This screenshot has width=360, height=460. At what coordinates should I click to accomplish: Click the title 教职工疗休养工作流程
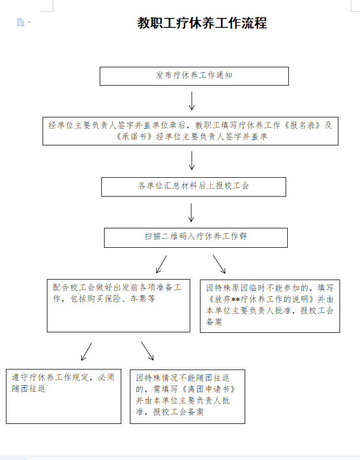202,23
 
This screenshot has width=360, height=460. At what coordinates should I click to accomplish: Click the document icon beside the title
20,22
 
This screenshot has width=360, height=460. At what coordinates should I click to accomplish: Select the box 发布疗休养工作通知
194,76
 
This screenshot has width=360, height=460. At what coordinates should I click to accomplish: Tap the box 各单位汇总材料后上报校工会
193,186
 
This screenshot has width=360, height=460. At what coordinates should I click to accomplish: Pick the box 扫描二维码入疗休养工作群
195,237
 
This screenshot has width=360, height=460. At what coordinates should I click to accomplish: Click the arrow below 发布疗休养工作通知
192,101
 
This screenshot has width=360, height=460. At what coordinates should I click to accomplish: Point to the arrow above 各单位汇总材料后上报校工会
192,161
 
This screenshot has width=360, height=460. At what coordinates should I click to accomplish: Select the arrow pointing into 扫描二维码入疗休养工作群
191,212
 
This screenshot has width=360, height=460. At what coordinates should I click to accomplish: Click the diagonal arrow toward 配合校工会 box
161,264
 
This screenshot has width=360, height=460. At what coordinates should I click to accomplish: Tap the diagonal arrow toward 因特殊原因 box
219,264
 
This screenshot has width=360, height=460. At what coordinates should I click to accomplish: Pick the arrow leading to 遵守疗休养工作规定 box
86,351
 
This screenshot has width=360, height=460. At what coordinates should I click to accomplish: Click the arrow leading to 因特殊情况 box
148,351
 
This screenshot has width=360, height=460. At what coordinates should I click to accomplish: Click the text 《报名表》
304,125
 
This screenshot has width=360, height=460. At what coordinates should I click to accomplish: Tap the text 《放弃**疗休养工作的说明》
260,299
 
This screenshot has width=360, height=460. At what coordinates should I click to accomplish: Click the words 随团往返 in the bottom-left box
29,389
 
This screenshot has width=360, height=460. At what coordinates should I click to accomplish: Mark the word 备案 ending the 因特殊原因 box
214,322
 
